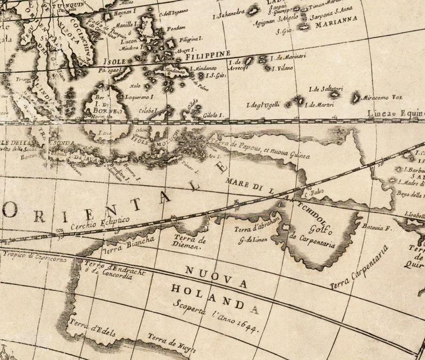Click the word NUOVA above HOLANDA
click(216, 276)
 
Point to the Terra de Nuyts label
click(172, 344)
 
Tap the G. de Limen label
click(253, 240)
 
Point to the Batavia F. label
click(377, 227)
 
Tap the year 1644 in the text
click(247, 325)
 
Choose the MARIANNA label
click(336, 25)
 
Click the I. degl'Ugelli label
click(263, 105)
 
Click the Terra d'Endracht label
click(115, 269)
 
